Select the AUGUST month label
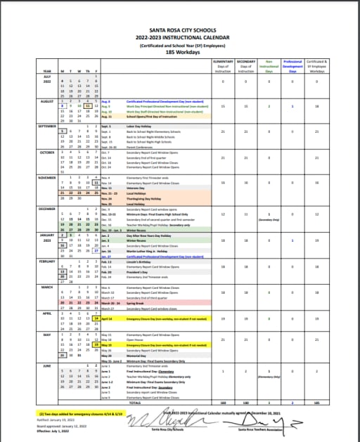coord(46,101)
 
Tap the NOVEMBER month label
coord(46,178)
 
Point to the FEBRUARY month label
coord(46,261)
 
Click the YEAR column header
coord(46,72)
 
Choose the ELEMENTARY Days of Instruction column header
coord(223,67)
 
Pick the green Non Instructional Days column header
coord(268,67)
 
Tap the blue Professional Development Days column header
coord(293,67)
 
